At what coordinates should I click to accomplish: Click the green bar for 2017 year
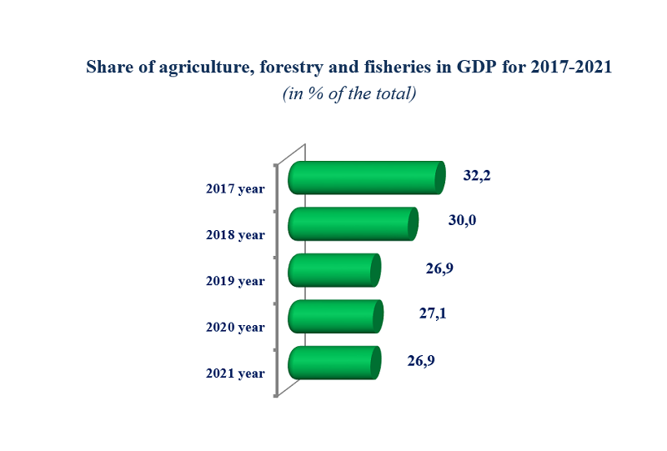click(x=364, y=178)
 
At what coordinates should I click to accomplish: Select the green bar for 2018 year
click(x=352, y=224)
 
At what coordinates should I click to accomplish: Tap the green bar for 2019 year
click(x=333, y=271)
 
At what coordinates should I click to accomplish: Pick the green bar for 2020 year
click(x=334, y=317)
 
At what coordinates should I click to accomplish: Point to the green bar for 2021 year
click(x=333, y=363)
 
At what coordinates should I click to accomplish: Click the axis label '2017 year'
click(x=235, y=188)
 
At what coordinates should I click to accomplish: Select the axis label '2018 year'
click(x=235, y=235)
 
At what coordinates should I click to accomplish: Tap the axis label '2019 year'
click(x=235, y=281)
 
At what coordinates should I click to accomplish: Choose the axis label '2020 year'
click(x=235, y=327)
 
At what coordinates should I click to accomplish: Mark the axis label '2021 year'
click(x=235, y=373)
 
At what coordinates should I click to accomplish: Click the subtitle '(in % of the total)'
click(x=349, y=93)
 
